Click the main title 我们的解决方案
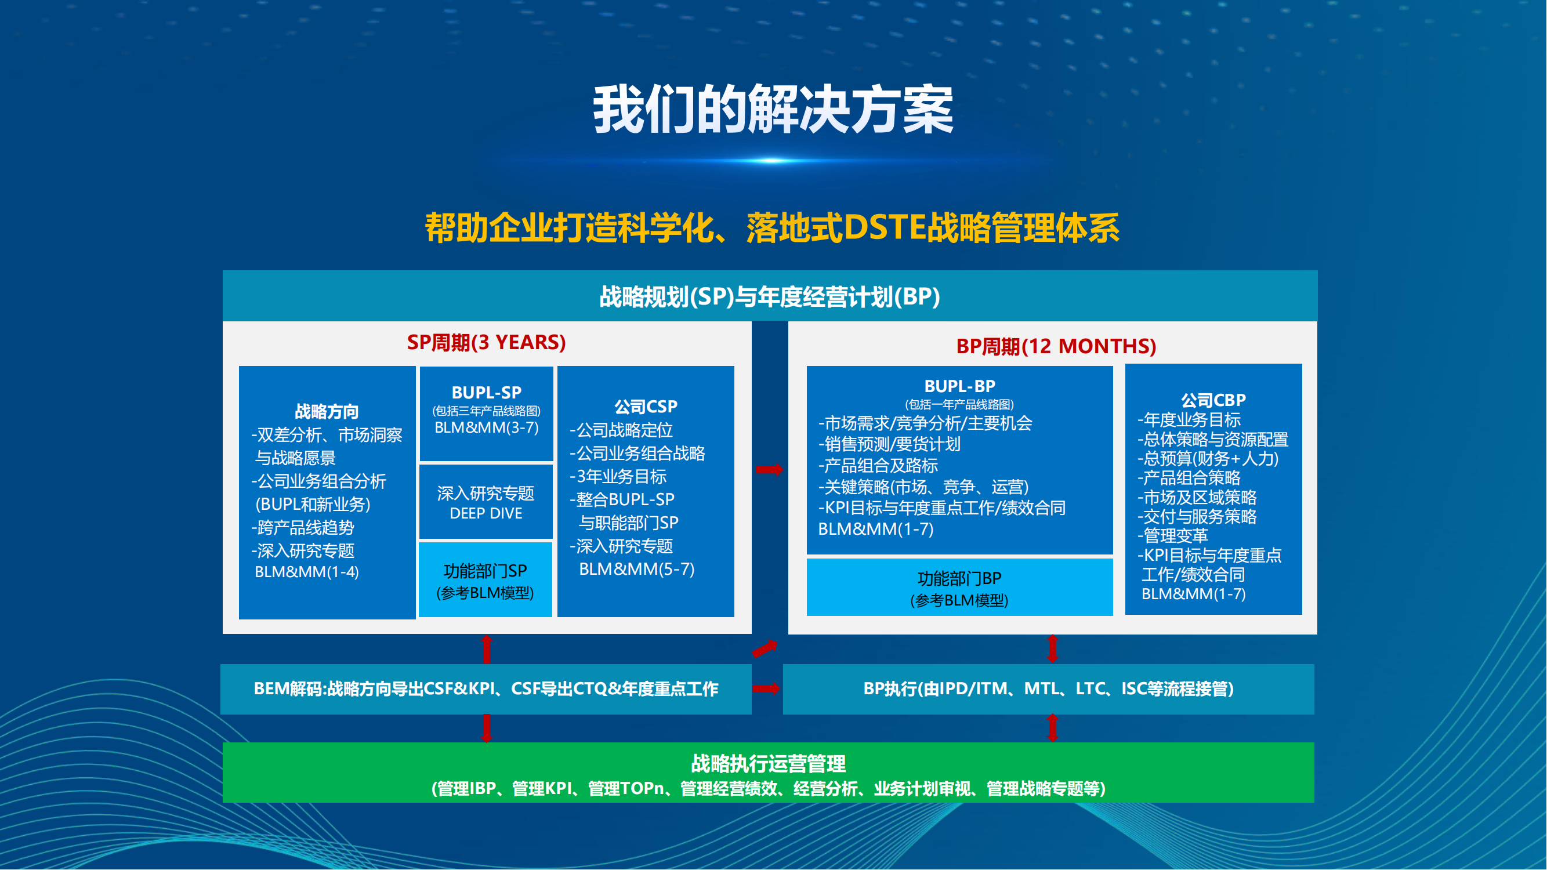[x=773, y=110]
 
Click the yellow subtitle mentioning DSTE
[x=772, y=228]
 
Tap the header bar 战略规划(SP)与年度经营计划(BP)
[x=770, y=296]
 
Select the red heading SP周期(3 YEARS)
[x=487, y=342]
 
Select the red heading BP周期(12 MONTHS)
[x=1056, y=346]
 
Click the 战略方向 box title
[x=327, y=412]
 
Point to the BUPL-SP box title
[x=487, y=393]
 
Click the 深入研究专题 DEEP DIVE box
[x=486, y=502]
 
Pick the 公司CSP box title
[x=646, y=407]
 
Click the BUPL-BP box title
[x=959, y=386]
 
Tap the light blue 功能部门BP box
[x=959, y=587]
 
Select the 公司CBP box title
[x=1213, y=400]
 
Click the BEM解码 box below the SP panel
[x=486, y=689]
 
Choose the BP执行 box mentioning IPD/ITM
[x=1049, y=689]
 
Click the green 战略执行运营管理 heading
[x=768, y=764]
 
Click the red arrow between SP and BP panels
[x=770, y=470]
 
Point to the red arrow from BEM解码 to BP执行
[x=767, y=688]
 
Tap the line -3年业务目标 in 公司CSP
[x=618, y=477]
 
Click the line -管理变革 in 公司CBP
[x=1172, y=535]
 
